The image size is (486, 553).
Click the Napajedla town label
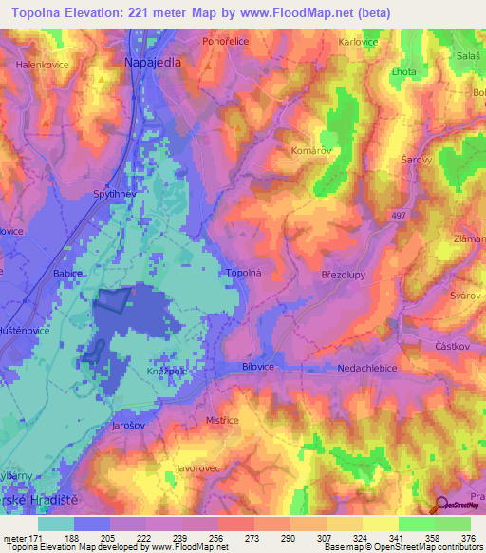click(x=152, y=60)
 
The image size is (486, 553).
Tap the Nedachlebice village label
click(x=365, y=366)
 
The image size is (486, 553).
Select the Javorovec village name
click(x=198, y=468)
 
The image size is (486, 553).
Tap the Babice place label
click(x=68, y=273)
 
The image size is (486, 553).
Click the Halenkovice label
click(x=42, y=65)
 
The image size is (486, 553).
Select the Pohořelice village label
click(x=226, y=42)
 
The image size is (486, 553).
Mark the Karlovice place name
click(x=359, y=42)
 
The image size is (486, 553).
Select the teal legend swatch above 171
click(x=56, y=524)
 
